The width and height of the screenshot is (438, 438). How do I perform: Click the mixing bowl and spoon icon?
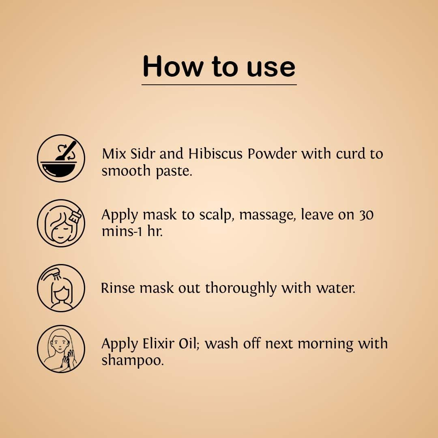(61, 159)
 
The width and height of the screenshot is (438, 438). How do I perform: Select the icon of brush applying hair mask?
(61, 223)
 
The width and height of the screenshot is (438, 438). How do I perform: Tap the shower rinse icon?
(61, 288)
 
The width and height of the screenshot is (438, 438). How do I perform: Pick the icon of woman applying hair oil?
(61, 349)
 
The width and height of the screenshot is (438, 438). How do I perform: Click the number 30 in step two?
(366, 215)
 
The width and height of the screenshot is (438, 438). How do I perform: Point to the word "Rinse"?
(118, 288)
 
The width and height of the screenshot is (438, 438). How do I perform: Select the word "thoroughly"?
(241, 289)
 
